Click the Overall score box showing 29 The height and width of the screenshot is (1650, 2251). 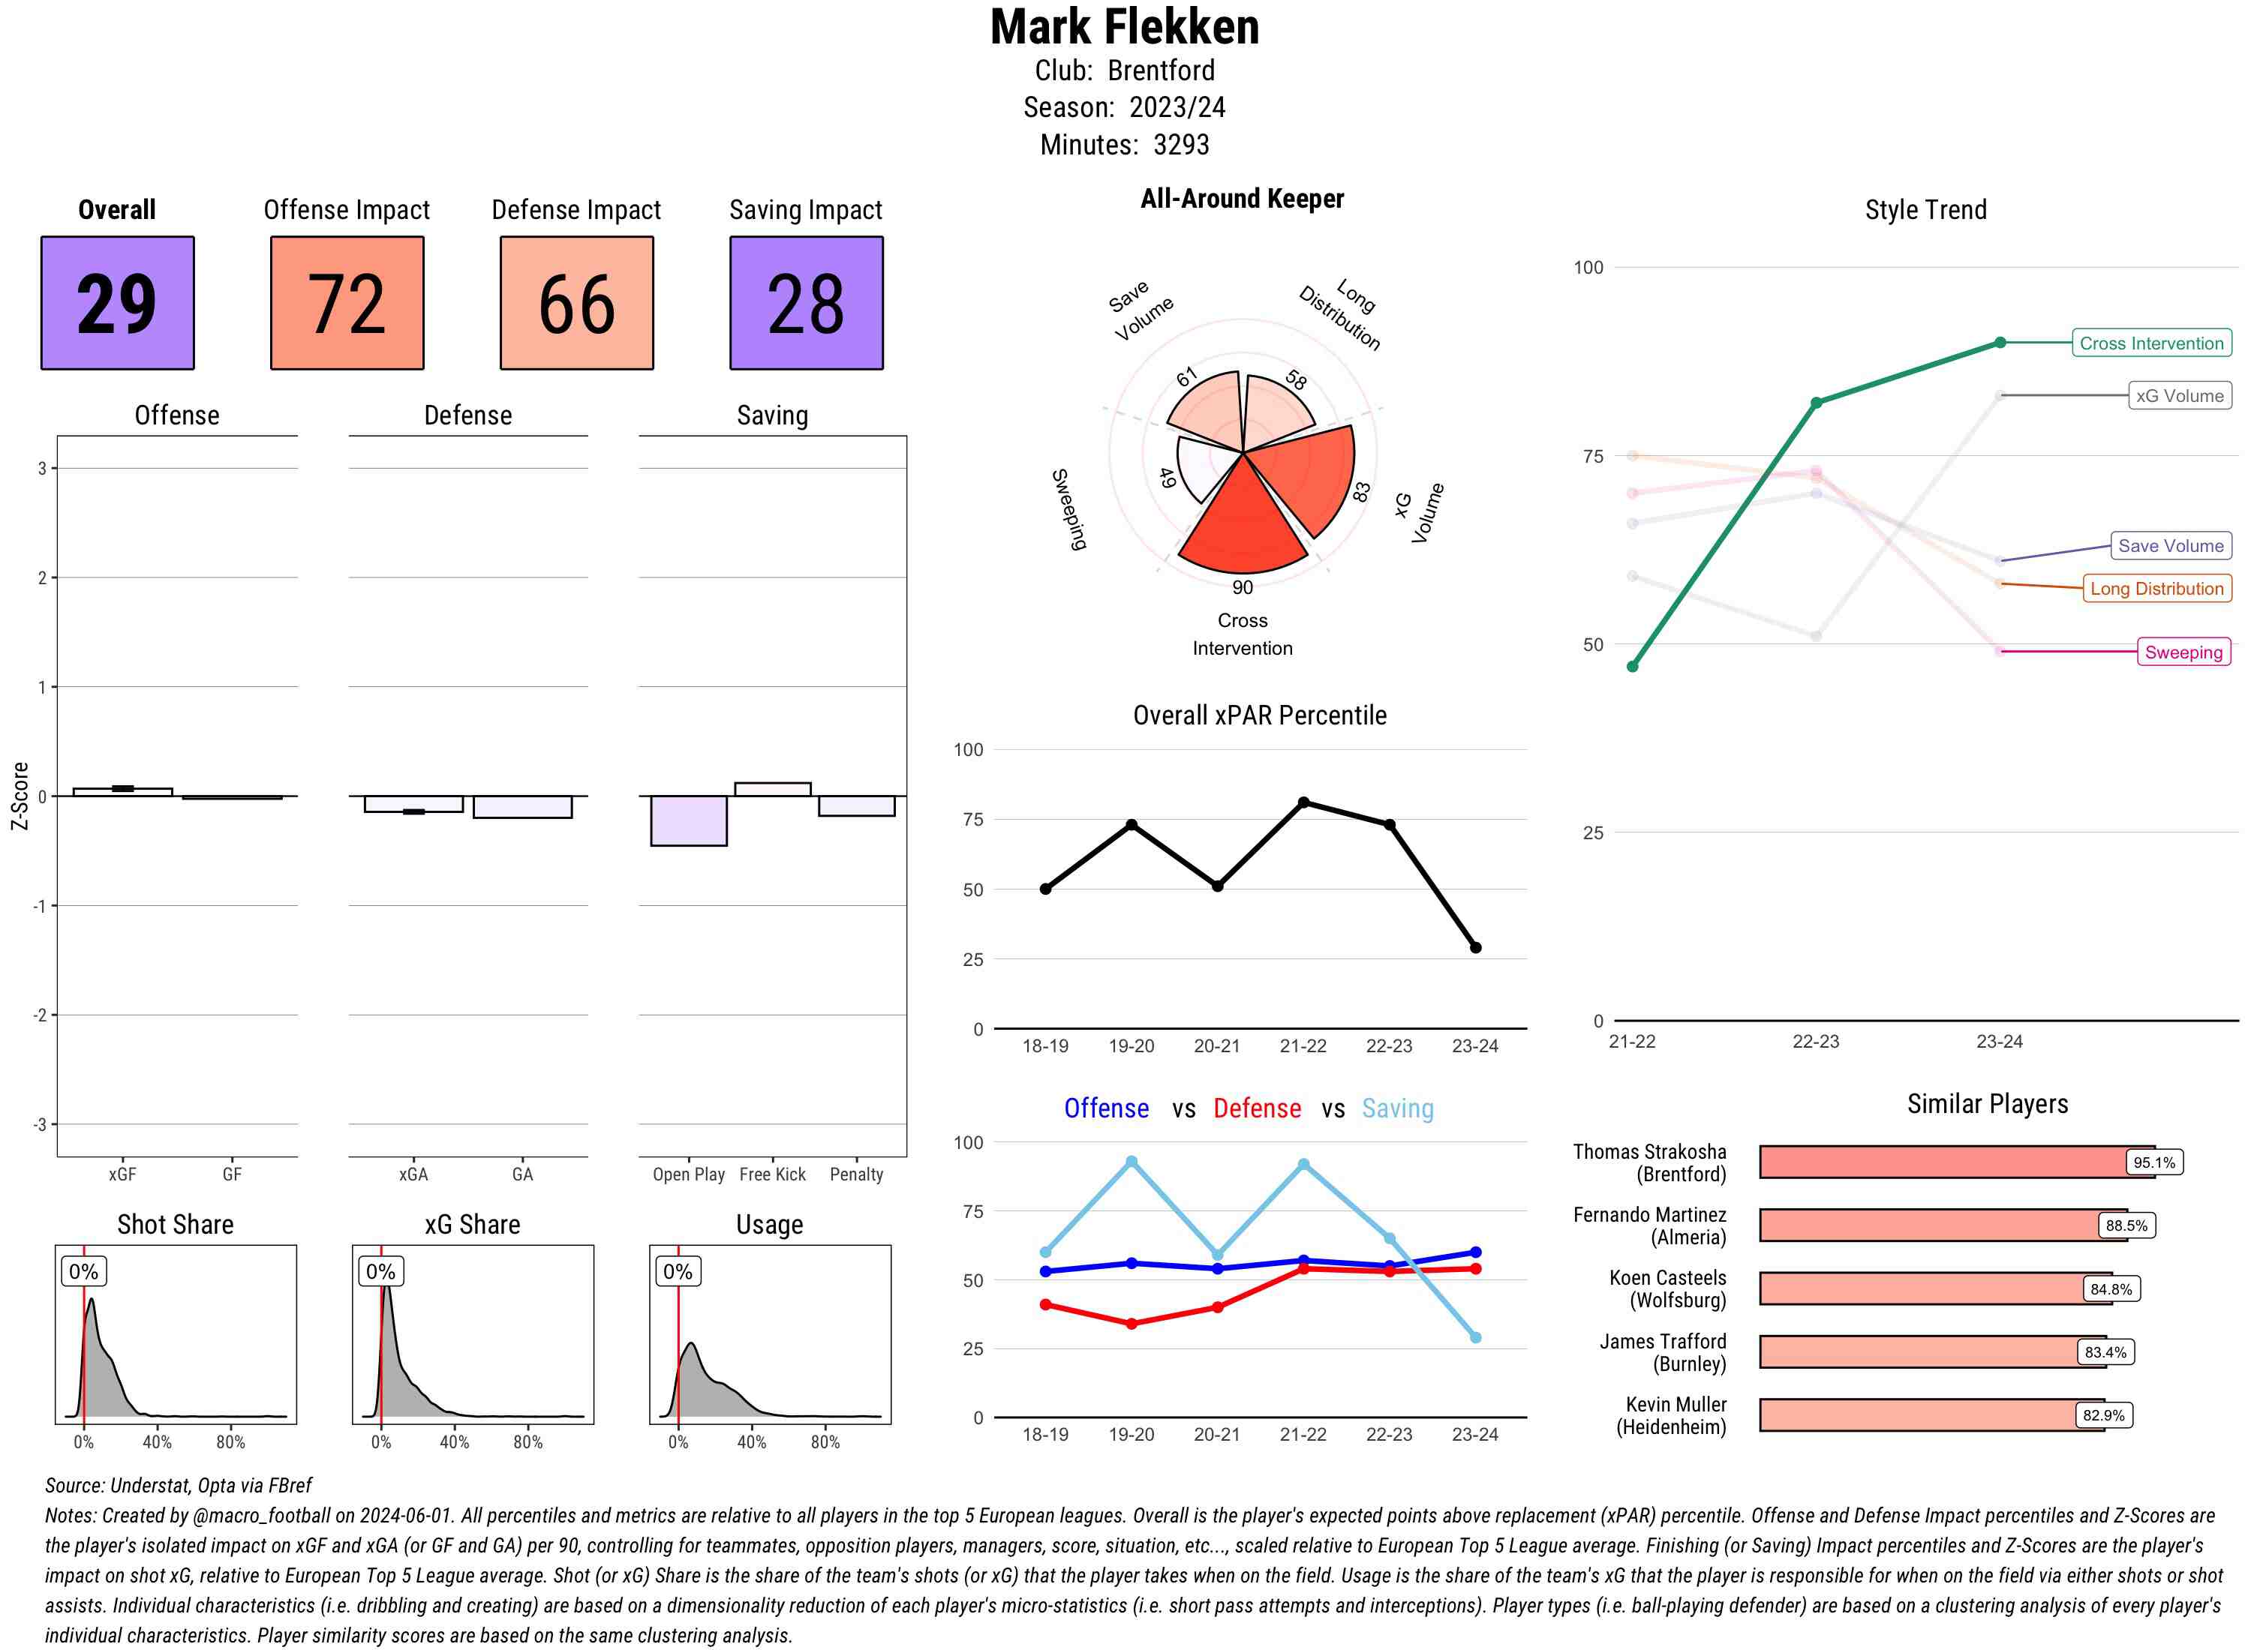click(x=117, y=303)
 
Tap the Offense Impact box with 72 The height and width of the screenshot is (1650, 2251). click(x=347, y=303)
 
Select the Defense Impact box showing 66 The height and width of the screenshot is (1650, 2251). click(x=576, y=303)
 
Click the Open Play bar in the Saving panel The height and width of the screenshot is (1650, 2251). click(x=688, y=820)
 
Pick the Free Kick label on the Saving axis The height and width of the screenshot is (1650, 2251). click(x=772, y=1174)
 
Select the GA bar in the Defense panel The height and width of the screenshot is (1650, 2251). click(x=522, y=807)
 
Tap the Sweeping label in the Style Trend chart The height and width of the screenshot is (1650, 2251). click(x=2183, y=652)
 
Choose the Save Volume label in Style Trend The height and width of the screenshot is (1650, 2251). click(x=2170, y=546)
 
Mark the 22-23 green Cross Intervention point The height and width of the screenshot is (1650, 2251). click(x=1815, y=403)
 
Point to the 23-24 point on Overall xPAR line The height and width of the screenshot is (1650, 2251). click(x=1474, y=946)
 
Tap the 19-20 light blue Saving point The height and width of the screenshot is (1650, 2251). click(x=1131, y=1162)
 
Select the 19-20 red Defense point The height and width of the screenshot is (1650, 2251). click(x=1131, y=1324)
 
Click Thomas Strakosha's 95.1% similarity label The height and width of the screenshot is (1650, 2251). click(x=2153, y=1162)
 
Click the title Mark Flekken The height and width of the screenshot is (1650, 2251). click(x=1124, y=28)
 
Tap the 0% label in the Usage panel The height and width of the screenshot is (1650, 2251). click(x=678, y=1271)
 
